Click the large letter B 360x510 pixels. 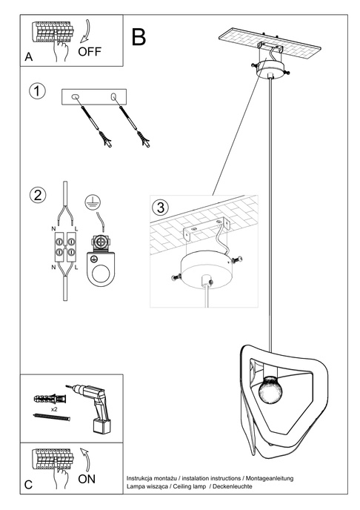pos(139,36)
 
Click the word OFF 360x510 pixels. pos(90,52)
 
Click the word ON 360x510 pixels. pos(87,479)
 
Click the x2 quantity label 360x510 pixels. pos(55,408)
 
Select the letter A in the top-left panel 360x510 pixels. pos(28,56)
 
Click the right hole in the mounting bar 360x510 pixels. pos(113,97)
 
